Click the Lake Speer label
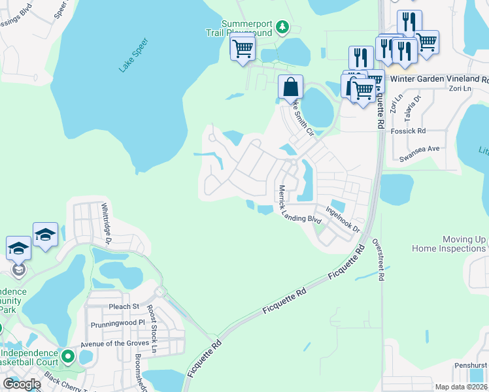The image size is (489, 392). click(x=134, y=56)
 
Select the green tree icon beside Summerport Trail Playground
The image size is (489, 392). click(x=282, y=27)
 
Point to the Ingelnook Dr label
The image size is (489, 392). click(x=343, y=220)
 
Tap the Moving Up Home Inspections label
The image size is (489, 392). click(x=448, y=244)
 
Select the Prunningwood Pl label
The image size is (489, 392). click(x=118, y=322)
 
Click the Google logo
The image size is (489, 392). click(x=22, y=384)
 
